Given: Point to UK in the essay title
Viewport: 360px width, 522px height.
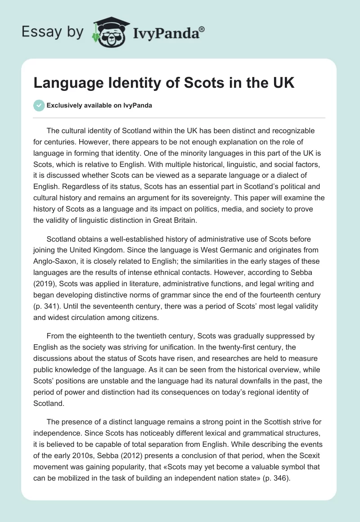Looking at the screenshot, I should [283, 84].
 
